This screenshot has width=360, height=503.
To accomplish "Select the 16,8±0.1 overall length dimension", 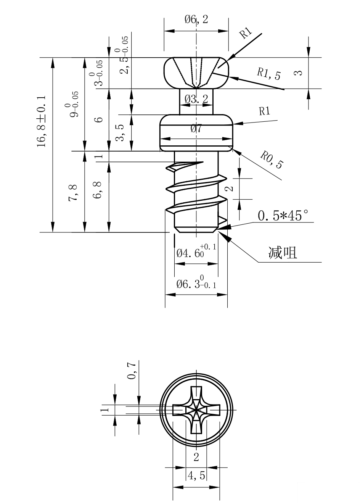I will (42, 121).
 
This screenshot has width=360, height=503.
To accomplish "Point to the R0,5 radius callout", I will (272, 160).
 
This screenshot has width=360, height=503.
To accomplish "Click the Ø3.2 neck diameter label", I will (196, 98).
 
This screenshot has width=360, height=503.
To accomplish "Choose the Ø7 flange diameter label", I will (196, 129).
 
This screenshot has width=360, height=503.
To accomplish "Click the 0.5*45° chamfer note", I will (283, 216).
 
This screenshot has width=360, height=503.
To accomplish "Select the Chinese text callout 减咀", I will (283, 253).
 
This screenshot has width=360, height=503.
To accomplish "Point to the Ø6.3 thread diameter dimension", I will (196, 284).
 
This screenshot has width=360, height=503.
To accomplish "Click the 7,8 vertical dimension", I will (74, 192).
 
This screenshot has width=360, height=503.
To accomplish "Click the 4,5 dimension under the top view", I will (196, 476).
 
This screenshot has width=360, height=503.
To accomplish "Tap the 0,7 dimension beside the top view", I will (132, 371).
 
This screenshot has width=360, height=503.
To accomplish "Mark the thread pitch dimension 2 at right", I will (229, 189).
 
